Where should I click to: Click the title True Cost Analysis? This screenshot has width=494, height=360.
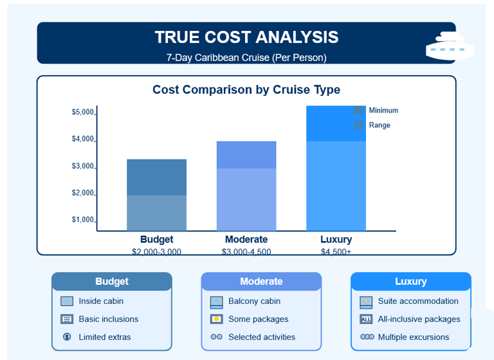tap(246, 37)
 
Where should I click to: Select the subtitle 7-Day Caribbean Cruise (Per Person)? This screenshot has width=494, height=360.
tap(246, 57)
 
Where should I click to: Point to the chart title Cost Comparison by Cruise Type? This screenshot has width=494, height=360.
tap(246, 90)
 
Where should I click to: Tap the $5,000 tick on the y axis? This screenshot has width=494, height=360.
tap(83, 113)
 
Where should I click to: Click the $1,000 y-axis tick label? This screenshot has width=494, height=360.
tap(83, 220)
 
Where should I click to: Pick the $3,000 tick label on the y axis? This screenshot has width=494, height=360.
tap(83, 166)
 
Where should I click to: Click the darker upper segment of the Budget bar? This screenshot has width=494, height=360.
tap(156, 177)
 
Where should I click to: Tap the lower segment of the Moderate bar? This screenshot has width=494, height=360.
tap(246, 199)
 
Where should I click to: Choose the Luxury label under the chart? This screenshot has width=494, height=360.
tap(336, 240)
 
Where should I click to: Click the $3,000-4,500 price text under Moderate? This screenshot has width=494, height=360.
tap(246, 252)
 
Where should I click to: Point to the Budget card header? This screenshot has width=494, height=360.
tap(112, 282)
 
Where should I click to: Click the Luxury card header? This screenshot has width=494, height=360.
tap(410, 282)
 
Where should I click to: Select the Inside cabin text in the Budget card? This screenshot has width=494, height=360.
tap(101, 301)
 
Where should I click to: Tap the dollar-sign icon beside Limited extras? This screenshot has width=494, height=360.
tap(67, 337)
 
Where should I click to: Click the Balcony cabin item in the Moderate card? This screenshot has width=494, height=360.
tap(254, 301)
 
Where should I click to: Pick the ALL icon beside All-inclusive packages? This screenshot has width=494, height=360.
tap(366, 319)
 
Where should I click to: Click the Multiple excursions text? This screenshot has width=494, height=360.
tap(414, 337)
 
